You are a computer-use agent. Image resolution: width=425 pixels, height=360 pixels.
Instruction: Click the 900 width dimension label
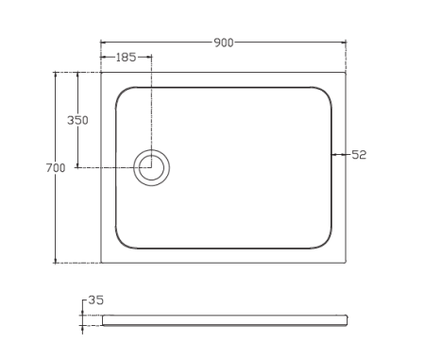coord(224,43)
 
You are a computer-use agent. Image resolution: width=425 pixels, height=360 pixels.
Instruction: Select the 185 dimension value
coord(126,58)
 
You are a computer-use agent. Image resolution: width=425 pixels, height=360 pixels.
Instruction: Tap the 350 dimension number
coord(77,120)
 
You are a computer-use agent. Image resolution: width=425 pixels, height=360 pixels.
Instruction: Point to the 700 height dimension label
coord(56,168)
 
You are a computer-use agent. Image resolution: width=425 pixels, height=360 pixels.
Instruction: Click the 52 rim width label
coord(359,155)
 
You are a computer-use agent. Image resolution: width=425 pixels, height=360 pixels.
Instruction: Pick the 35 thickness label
coord(95,300)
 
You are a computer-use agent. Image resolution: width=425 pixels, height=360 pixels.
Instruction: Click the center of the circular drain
coord(151,167)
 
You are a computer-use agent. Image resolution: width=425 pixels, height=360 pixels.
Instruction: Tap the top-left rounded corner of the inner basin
coord(121,94)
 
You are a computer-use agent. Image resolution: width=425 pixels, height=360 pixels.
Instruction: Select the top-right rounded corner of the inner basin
coord(326,94)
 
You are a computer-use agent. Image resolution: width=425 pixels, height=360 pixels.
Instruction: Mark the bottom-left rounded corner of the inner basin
coord(121,243)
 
